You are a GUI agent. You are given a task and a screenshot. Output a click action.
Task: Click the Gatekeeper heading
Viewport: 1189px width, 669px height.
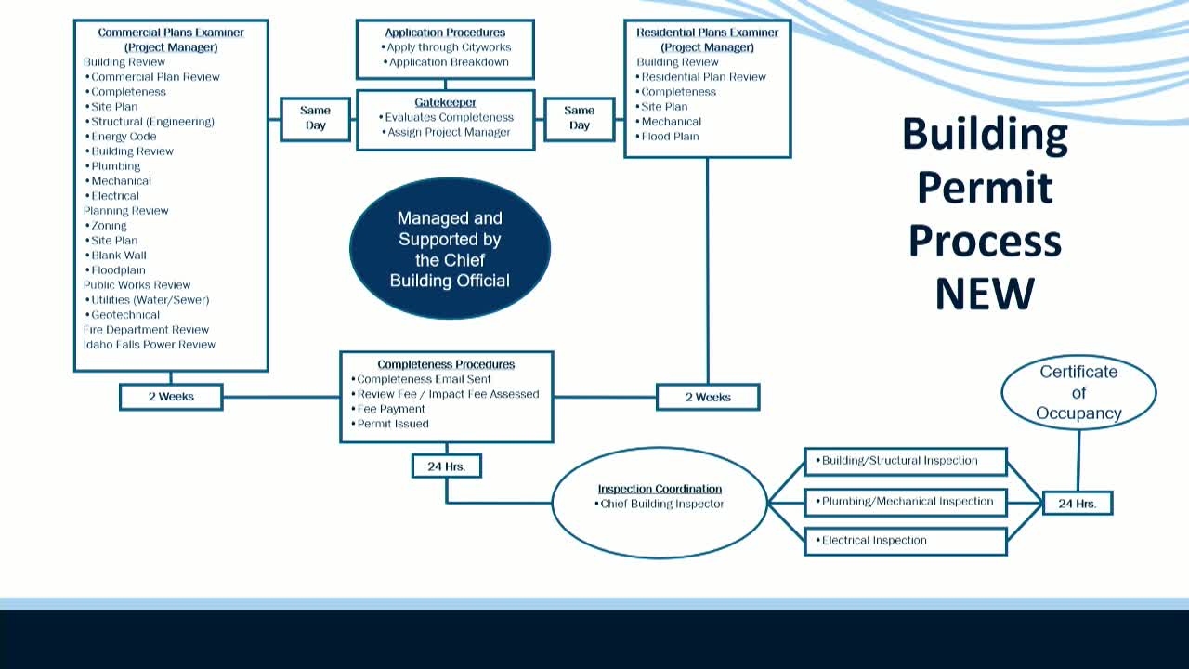coord(445,102)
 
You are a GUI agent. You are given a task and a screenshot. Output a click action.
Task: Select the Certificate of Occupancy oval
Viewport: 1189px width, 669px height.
coord(1078,392)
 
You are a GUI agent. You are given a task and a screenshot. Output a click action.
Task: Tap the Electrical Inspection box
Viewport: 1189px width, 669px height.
coord(905,541)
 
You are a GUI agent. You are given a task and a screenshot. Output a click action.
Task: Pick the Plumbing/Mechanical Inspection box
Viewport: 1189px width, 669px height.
coord(905,502)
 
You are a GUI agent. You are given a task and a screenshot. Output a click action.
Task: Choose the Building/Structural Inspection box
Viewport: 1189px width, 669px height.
coord(905,461)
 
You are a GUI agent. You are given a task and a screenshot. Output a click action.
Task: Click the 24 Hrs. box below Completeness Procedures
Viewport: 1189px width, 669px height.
coord(446,466)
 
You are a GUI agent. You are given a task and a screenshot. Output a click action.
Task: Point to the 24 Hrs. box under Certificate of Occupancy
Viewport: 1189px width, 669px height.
coord(1077,503)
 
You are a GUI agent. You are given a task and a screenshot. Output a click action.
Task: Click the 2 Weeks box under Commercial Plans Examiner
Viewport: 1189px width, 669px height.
coord(171,397)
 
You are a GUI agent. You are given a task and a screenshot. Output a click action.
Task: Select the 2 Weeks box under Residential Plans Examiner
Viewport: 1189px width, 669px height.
coord(708,397)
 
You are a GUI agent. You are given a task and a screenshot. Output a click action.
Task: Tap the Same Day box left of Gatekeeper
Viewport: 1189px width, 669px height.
coord(315,118)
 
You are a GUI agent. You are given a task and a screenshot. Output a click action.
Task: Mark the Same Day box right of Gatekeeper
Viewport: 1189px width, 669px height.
coord(579,118)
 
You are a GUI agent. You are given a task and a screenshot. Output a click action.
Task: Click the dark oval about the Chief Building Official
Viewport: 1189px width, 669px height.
coord(450,249)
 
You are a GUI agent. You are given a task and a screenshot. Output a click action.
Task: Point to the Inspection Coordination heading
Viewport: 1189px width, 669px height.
coord(660,489)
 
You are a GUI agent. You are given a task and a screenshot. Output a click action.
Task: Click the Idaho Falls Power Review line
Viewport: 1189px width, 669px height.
coord(150,345)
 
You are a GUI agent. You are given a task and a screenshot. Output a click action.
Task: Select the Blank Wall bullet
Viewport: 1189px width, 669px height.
coord(118,256)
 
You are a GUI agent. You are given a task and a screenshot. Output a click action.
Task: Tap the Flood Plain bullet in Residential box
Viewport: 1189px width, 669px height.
coord(670,137)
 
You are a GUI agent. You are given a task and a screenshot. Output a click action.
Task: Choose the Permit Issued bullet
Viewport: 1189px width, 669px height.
coord(393,424)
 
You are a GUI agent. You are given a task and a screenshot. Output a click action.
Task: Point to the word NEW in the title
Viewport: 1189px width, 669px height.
coord(984,294)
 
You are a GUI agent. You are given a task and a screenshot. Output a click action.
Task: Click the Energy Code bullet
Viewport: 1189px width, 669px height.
coord(124,137)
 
